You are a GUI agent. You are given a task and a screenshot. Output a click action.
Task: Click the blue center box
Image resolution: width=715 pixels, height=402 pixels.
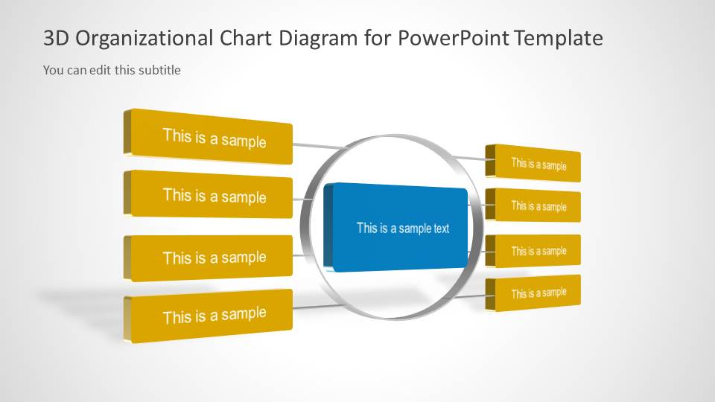402,229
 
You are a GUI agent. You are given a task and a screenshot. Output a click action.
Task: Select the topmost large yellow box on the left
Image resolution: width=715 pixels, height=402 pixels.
214,138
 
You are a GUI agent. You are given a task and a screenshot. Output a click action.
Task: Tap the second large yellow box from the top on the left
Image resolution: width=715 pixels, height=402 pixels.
214,196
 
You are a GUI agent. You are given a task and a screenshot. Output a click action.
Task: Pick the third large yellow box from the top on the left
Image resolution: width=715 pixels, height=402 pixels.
214,258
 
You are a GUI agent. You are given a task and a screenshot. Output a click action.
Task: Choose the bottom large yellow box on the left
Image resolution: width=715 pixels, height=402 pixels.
214,315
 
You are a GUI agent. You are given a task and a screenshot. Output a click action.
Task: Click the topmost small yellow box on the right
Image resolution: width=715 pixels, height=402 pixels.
538,164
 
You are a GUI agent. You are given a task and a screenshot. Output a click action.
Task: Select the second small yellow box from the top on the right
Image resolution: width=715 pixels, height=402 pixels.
538,205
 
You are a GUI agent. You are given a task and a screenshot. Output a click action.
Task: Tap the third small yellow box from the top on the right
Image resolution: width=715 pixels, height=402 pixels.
538,251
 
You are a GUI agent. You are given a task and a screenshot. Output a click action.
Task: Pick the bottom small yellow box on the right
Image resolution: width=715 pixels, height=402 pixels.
538,293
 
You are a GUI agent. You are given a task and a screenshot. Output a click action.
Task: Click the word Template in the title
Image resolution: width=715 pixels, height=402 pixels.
558,39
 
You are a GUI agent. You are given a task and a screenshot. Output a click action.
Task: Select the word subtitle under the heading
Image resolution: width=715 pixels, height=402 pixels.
159,70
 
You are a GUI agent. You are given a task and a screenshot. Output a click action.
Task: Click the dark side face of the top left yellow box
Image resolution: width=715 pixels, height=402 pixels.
127,133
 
